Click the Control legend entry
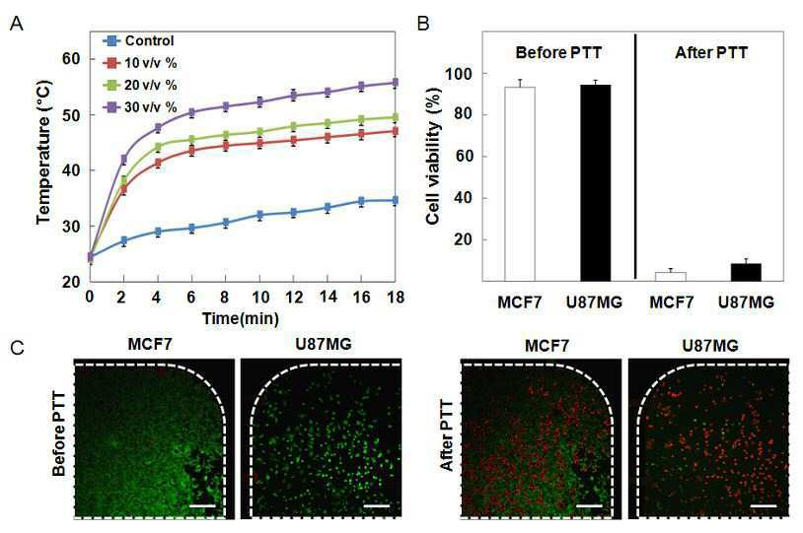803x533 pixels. (138, 40)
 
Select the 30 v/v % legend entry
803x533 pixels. (140, 107)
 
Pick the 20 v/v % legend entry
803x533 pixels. (140, 85)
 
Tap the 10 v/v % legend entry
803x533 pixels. (140, 63)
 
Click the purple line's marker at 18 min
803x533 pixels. (395, 83)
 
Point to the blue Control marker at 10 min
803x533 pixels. (260, 215)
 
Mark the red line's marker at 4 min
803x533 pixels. (158, 164)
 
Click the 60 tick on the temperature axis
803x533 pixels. (71, 59)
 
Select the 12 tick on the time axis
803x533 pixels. (293, 298)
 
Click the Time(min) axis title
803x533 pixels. (241, 318)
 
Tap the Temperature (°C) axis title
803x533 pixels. (44, 153)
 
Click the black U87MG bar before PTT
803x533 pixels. (595, 183)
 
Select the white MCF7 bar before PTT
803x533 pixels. (519, 184)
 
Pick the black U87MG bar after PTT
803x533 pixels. (746, 272)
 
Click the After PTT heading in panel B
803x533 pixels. (711, 52)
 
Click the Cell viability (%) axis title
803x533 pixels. (433, 156)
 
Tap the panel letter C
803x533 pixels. (17, 349)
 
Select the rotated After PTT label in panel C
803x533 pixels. (447, 435)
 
